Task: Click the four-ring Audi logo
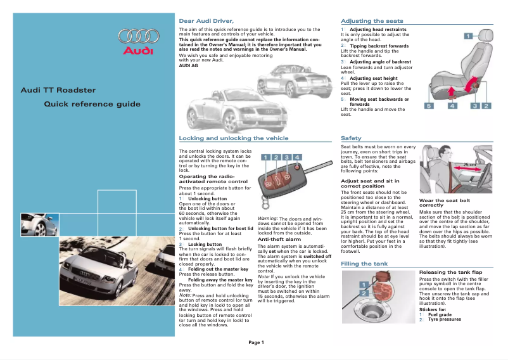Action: pos(138,37)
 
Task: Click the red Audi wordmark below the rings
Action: pos(138,51)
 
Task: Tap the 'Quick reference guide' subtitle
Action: pos(92,104)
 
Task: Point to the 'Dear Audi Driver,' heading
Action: pos(202,21)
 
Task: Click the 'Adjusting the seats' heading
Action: pos(372,21)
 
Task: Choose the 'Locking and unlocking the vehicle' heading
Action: pos(234,138)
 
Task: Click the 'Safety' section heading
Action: pos(351,138)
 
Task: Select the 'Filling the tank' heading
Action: pos(364,263)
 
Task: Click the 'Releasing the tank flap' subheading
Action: pos(451,272)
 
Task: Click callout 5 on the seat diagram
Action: pos(429,106)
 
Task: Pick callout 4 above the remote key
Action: pos(297,157)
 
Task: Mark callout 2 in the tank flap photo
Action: pos(364,293)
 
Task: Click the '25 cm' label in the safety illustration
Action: pos(469,165)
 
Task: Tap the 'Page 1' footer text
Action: pos(256,342)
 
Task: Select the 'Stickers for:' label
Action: pos(433,309)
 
